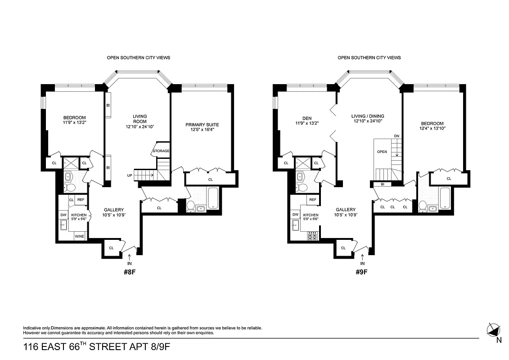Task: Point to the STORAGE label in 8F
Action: [x=161, y=151]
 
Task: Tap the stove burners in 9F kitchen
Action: [x=312, y=235]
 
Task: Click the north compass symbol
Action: [x=494, y=329]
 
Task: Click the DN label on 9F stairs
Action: [x=396, y=135]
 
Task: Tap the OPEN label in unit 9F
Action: [x=382, y=152]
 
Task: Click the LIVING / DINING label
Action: [x=368, y=116]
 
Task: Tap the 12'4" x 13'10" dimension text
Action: [x=432, y=130]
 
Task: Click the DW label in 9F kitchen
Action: [x=295, y=215]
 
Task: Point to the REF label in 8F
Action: [x=81, y=199]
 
